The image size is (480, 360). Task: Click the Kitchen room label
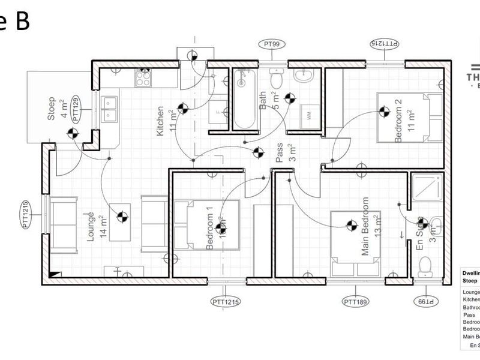160,121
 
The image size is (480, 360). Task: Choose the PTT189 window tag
359,301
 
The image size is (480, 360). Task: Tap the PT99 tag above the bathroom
273,44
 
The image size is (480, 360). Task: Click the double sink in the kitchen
109,109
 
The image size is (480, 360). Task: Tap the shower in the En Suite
428,188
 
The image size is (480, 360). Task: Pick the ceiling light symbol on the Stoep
73,133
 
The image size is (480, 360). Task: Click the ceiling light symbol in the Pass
259,152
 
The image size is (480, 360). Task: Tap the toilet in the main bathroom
277,78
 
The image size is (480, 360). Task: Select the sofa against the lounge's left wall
63,225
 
